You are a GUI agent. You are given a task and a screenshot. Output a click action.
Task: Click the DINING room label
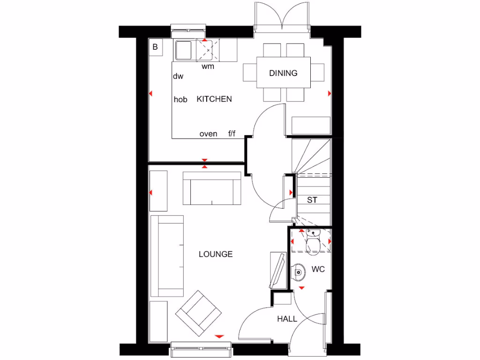tap(283, 73)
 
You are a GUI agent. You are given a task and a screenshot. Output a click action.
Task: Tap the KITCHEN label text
tap(214, 99)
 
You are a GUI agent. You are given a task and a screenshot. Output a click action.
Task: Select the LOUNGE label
tap(216, 254)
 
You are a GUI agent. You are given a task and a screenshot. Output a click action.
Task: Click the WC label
tap(318, 270)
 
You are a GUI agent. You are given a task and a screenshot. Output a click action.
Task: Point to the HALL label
tap(287, 319)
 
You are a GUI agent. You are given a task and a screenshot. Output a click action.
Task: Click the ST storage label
tap(312, 200)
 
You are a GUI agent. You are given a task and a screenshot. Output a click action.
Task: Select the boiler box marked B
tap(155, 47)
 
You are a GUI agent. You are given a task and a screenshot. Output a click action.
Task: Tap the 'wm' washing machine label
tap(208, 67)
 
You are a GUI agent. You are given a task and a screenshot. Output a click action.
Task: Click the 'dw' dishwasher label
tap(178, 76)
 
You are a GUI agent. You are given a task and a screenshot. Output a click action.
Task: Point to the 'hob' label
tap(180, 99)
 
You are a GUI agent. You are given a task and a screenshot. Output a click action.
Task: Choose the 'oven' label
tap(208, 134)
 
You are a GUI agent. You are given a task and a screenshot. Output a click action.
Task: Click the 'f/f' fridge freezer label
tap(232, 134)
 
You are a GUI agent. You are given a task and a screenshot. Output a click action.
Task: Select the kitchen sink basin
tap(184, 50)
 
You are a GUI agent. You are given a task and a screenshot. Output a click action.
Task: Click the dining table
tap(283, 72)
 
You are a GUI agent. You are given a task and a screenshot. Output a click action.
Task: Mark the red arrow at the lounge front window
tap(219, 337)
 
